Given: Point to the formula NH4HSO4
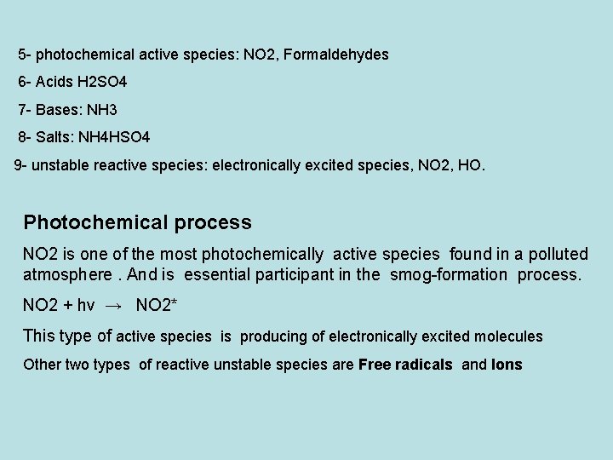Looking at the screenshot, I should click(x=114, y=137).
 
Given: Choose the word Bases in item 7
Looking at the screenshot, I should click(x=56, y=110).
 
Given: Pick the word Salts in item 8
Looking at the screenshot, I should click(x=52, y=137).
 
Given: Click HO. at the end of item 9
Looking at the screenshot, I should click(x=472, y=164).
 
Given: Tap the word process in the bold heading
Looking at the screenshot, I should click(x=213, y=223).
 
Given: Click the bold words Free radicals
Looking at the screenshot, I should click(x=405, y=365).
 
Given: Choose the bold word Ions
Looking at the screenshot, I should click(x=507, y=365).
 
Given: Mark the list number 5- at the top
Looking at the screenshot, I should click(x=25, y=55).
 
